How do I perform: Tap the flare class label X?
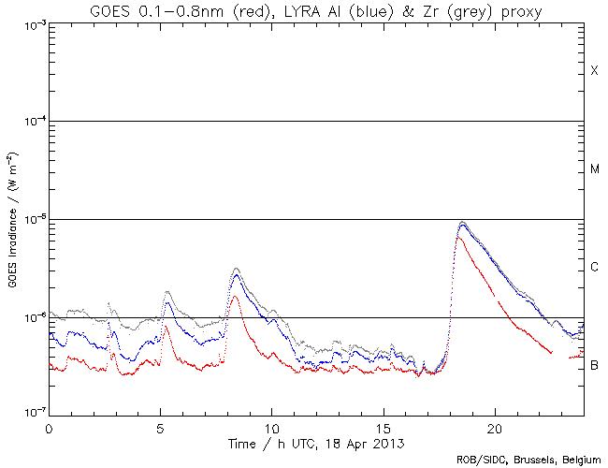pos(594,71)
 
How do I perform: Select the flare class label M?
pos(594,169)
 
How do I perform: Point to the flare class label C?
pos(594,268)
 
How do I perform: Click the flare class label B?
pos(594,365)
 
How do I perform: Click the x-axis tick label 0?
pos(49,426)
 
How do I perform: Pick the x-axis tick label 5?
pos(160,426)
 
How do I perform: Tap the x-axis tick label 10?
pos(271,426)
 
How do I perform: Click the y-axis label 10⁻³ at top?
pos(31,24)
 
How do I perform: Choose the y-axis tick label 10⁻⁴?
pos(31,122)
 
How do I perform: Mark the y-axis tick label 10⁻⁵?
pos(31,220)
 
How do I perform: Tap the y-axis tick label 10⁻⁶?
pos(31,317)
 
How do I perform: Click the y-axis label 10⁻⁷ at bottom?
pos(31,413)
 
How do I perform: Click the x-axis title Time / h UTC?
pos(315,441)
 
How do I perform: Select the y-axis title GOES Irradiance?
pos(12,219)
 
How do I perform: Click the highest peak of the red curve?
pos(457,239)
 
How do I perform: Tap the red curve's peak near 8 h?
pos(235,297)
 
